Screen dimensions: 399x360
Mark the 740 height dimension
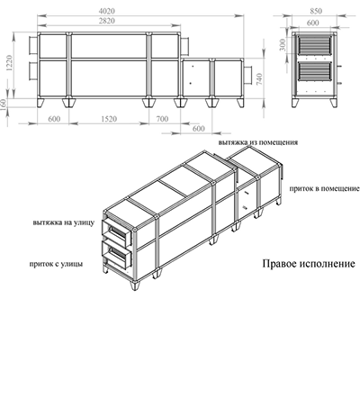click(259, 78)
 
